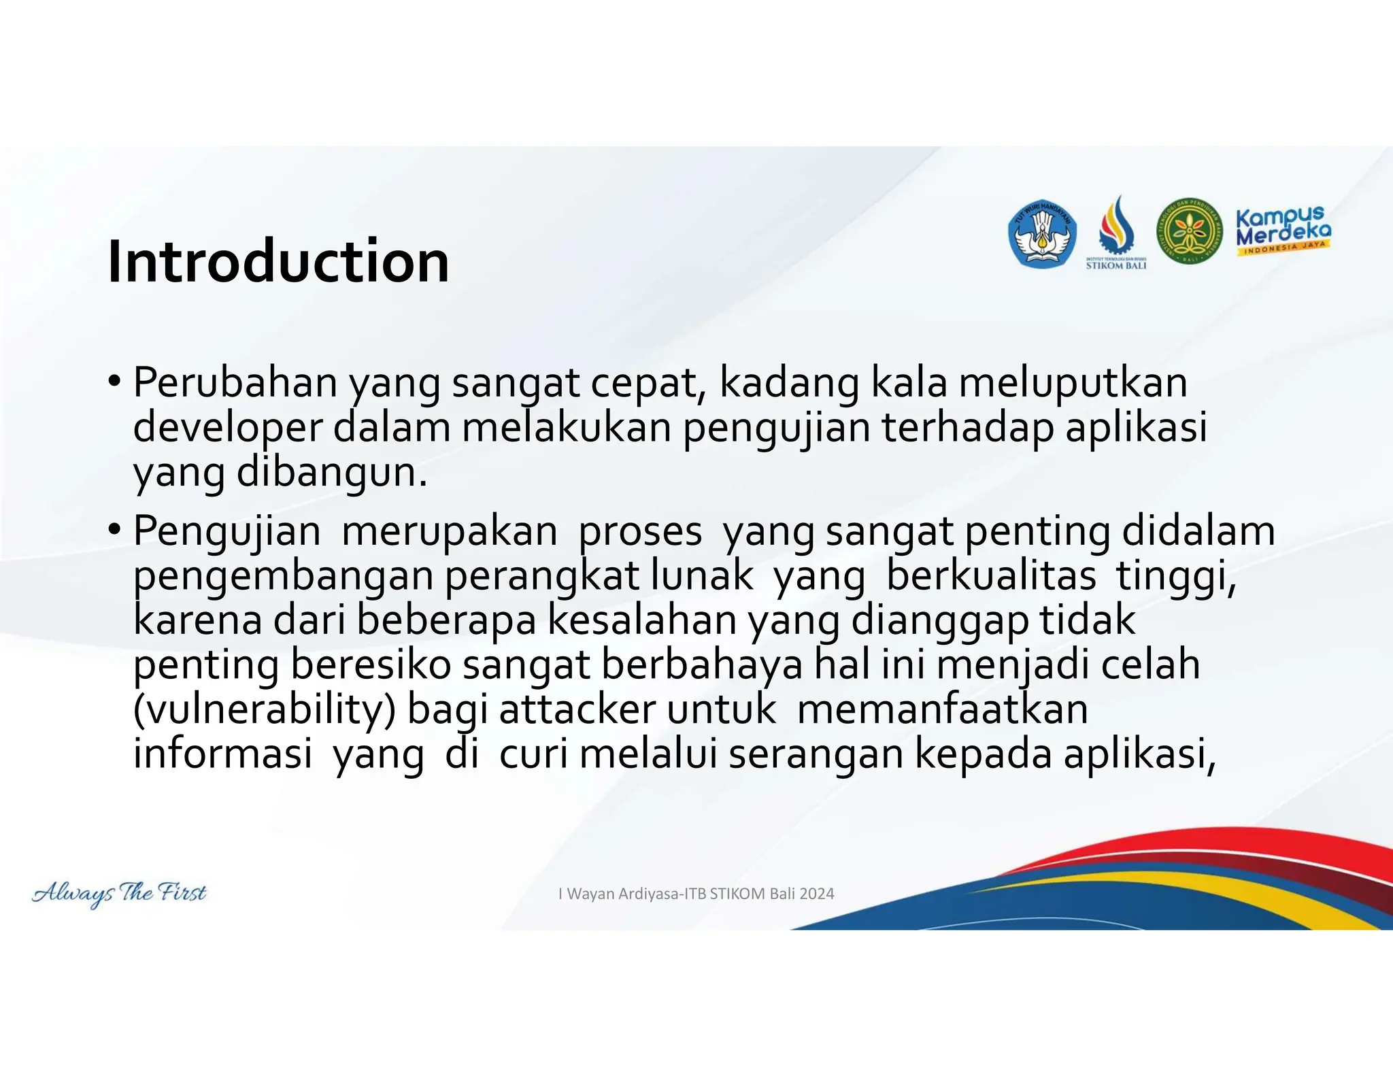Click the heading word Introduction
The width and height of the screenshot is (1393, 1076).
pyautogui.click(x=278, y=262)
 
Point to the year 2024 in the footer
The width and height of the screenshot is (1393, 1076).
pyautogui.click(x=816, y=894)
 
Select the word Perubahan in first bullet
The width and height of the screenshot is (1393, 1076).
pyautogui.click(x=235, y=382)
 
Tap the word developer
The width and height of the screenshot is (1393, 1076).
pyautogui.click(x=227, y=428)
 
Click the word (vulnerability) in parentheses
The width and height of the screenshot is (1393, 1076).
pyautogui.click(x=264, y=710)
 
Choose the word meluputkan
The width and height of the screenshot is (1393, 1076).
pyautogui.click(x=1073, y=382)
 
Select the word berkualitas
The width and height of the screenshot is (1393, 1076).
pyautogui.click(x=991, y=575)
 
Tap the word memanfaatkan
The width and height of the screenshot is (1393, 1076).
pyautogui.click(x=942, y=710)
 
